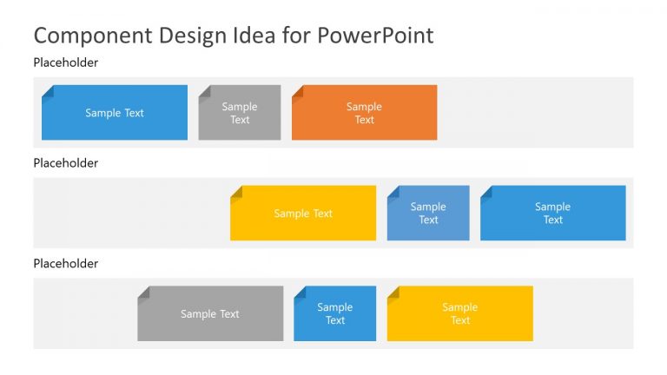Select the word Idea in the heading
tap(254, 36)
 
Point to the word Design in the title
tap(192, 36)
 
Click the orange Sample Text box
tap(364, 113)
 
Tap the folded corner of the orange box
tap(297, 90)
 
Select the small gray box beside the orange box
tap(240, 113)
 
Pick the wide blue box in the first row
tap(115, 113)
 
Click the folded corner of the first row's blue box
tap(47, 90)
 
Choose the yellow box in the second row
tap(303, 214)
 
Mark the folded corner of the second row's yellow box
tap(235, 191)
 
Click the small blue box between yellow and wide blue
tap(428, 214)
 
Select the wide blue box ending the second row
tap(552, 214)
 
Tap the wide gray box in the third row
tap(210, 314)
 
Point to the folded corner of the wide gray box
tap(142, 292)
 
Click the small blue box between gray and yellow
tap(335, 314)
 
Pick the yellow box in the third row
tap(459, 314)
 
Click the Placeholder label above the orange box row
tap(66, 62)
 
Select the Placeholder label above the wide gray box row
tap(66, 263)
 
